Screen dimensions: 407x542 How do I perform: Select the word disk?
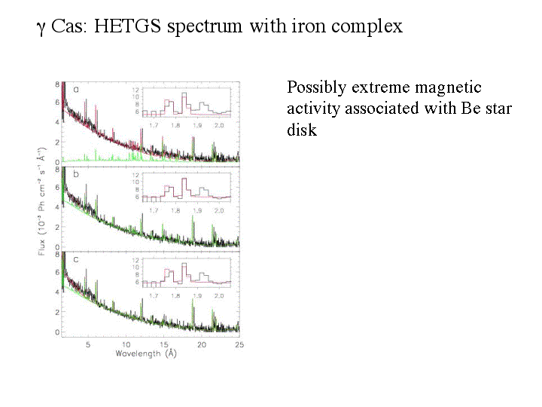302,130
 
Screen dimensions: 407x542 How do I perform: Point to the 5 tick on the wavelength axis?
88,344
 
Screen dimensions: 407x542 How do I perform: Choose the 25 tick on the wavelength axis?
239,344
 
